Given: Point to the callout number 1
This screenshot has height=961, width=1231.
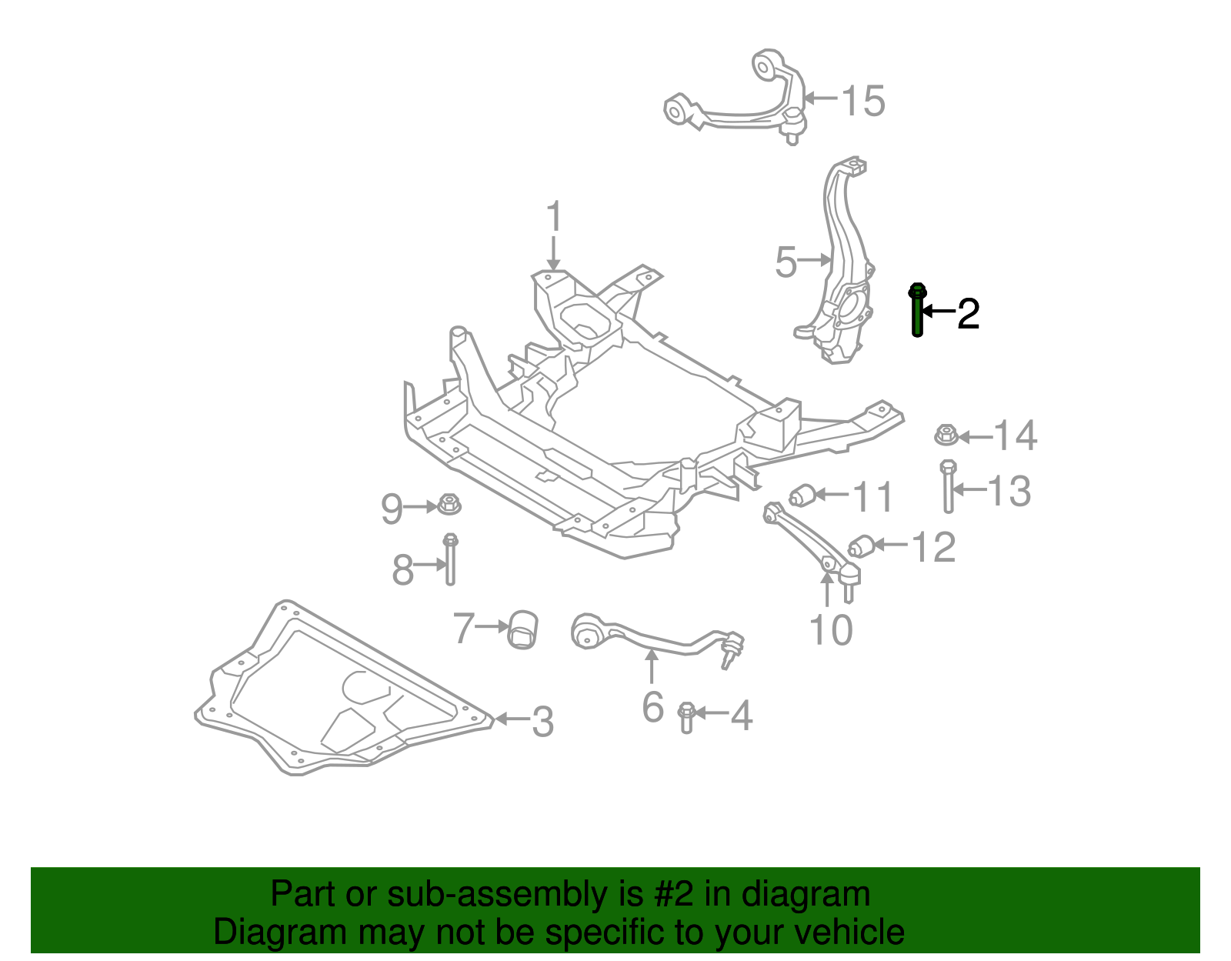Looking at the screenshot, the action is (x=554, y=218).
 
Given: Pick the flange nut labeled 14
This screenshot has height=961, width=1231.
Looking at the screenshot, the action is (x=946, y=436).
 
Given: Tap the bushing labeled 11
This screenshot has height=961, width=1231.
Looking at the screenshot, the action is (x=802, y=495).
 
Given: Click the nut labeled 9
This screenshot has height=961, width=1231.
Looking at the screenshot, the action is (x=449, y=506).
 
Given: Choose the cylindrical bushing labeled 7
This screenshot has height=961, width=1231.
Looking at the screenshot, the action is (x=523, y=629).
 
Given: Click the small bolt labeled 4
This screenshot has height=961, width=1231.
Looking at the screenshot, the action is (x=686, y=716).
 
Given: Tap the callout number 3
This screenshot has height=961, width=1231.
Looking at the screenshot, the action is (x=542, y=722).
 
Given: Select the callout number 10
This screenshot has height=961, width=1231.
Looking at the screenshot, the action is (x=831, y=630).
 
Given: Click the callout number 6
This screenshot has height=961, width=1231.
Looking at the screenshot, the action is (x=652, y=707).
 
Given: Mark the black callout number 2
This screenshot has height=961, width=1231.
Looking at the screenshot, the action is (x=968, y=314).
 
